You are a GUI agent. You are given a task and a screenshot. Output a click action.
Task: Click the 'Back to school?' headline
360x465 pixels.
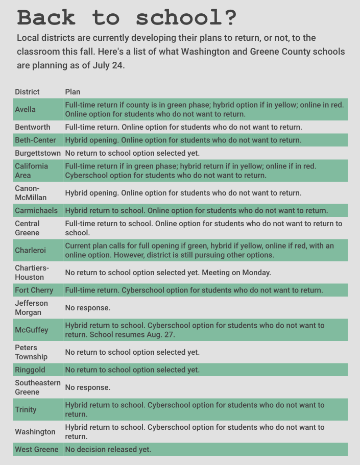click(x=127, y=17)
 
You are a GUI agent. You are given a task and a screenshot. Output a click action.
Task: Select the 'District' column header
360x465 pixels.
click(x=27, y=92)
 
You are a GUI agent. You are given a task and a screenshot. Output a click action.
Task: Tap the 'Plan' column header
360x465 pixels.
click(x=73, y=92)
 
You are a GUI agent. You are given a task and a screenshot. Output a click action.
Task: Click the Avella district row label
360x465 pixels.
click(x=26, y=109)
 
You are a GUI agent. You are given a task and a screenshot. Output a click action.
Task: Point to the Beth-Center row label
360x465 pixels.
click(x=35, y=140)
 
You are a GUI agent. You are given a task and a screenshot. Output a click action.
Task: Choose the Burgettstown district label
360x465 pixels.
click(x=38, y=153)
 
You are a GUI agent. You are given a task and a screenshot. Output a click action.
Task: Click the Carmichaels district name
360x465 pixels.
click(x=36, y=210)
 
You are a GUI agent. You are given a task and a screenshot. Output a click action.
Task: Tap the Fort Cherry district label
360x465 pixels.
click(x=34, y=290)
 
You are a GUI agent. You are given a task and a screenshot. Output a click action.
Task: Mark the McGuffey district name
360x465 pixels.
click(x=32, y=330)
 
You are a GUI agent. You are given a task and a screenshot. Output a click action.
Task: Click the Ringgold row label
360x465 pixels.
click(x=30, y=370)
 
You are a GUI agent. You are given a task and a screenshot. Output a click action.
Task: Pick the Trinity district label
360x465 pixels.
click(x=26, y=409)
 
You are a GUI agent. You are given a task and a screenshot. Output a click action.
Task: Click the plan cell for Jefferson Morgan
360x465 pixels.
click(x=88, y=308)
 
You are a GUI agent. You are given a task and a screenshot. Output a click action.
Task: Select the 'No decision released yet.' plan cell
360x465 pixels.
click(x=108, y=449)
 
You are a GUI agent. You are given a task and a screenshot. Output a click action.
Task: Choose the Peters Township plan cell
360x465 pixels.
click(x=132, y=352)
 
